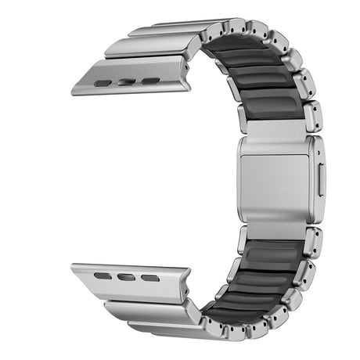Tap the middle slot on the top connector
coord(126,81)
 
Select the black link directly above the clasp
coord(271,109)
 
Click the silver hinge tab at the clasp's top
coord(275,129)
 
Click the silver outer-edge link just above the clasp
coord(311,116)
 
